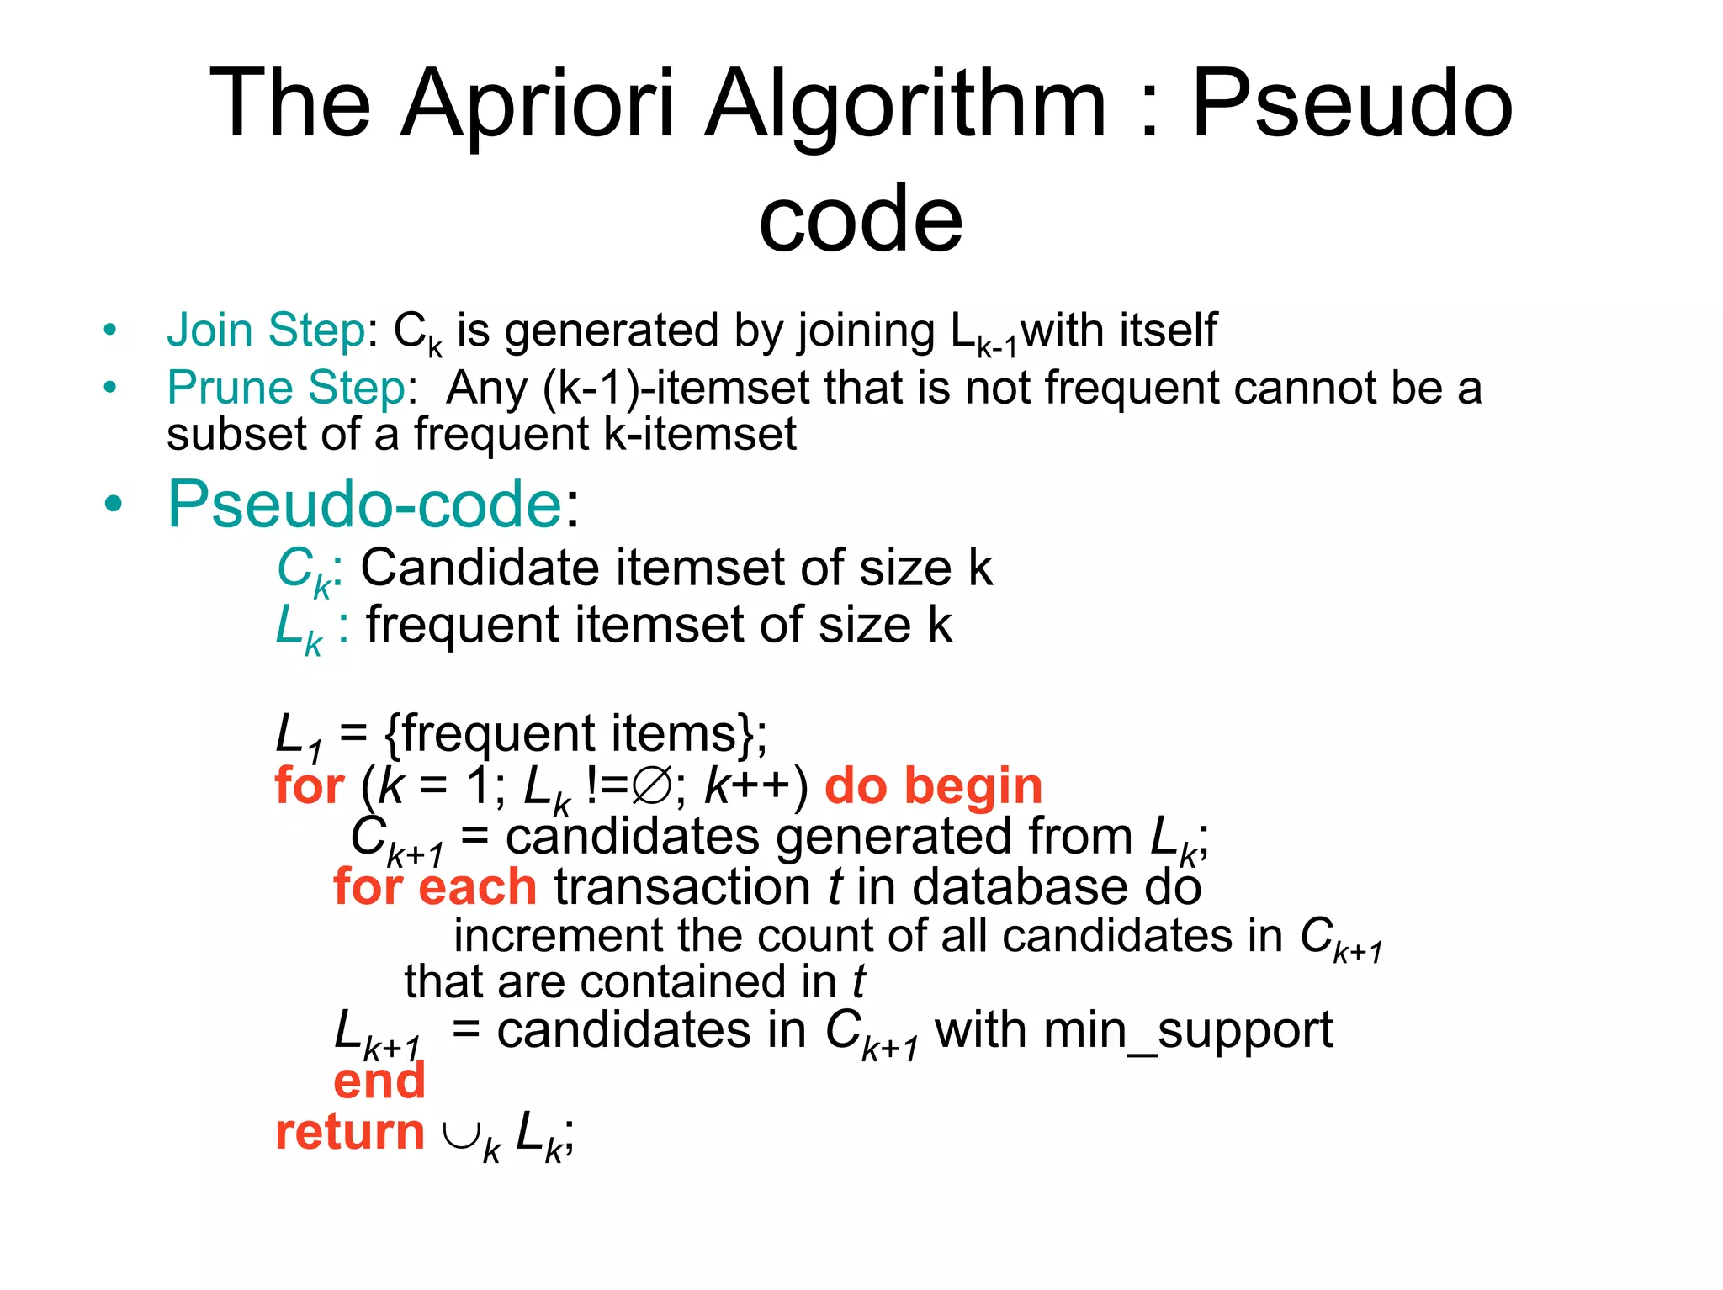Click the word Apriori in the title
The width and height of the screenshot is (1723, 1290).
[538, 104]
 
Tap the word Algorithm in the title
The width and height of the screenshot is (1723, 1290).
[905, 104]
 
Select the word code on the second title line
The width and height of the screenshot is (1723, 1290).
[860, 219]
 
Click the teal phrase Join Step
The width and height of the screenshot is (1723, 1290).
[266, 330]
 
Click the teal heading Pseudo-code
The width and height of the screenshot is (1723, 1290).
[364, 505]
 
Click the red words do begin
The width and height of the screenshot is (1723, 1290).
[933, 786]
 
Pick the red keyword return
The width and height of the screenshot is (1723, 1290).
[349, 1132]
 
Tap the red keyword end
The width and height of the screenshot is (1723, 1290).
[379, 1081]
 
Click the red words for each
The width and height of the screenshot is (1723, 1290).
[435, 887]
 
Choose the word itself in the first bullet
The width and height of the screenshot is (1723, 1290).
[1167, 330]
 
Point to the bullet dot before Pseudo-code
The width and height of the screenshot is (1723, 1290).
[113, 505]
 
